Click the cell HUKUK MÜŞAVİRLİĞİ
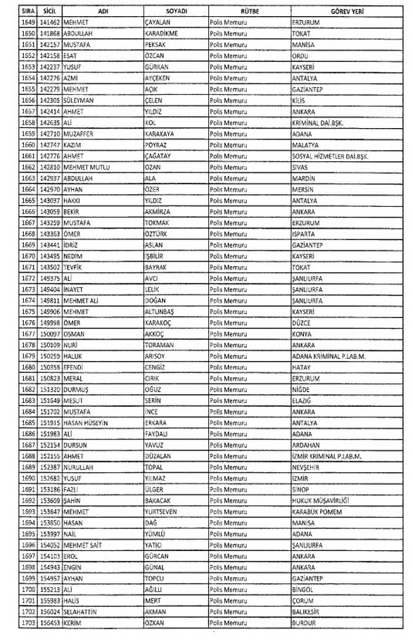click(x=321, y=500)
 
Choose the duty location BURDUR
click(x=305, y=622)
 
